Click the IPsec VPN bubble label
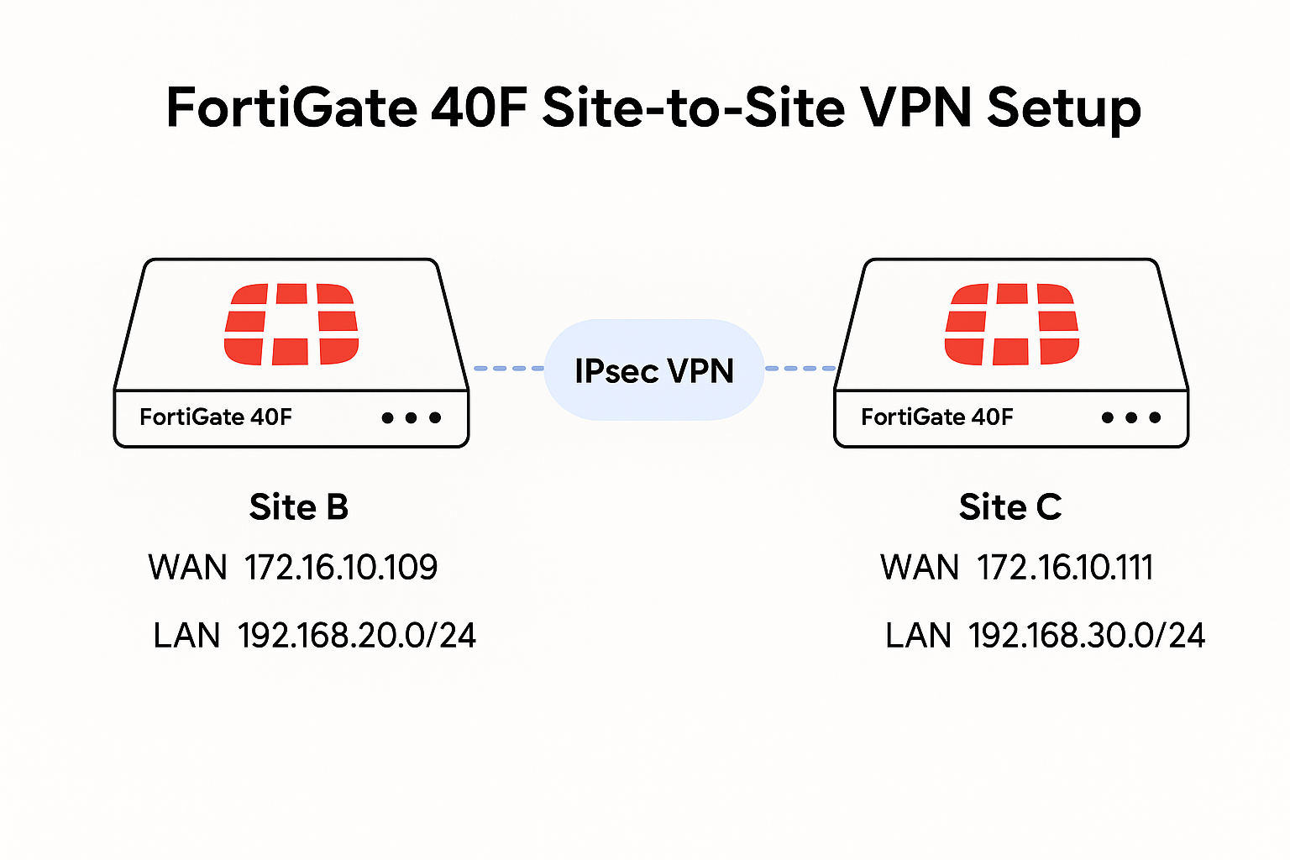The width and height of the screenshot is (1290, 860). point(654,371)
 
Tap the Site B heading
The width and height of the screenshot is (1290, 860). point(298,507)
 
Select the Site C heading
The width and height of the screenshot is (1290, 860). point(1010,507)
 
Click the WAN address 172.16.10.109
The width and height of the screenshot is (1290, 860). point(341,568)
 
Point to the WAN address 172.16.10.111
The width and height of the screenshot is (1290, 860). point(1065,568)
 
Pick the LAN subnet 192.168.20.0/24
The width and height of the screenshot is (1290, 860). point(357,636)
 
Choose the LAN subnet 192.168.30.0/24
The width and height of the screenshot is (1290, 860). point(1087,636)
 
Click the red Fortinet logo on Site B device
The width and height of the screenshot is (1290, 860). point(291,324)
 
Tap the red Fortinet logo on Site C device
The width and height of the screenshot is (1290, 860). point(1011,324)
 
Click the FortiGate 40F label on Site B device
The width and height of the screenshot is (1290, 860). point(216,417)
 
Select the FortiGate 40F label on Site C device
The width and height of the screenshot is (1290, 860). point(937,417)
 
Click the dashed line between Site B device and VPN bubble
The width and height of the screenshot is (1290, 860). point(508,368)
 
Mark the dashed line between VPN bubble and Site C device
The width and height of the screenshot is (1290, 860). point(800,368)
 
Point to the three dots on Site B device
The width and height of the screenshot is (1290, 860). point(411,417)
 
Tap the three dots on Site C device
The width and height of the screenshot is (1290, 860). point(1131,417)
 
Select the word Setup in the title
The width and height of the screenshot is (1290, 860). point(1063,109)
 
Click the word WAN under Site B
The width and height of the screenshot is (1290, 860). point(187,568)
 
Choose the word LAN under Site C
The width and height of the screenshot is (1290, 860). point(918,636)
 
